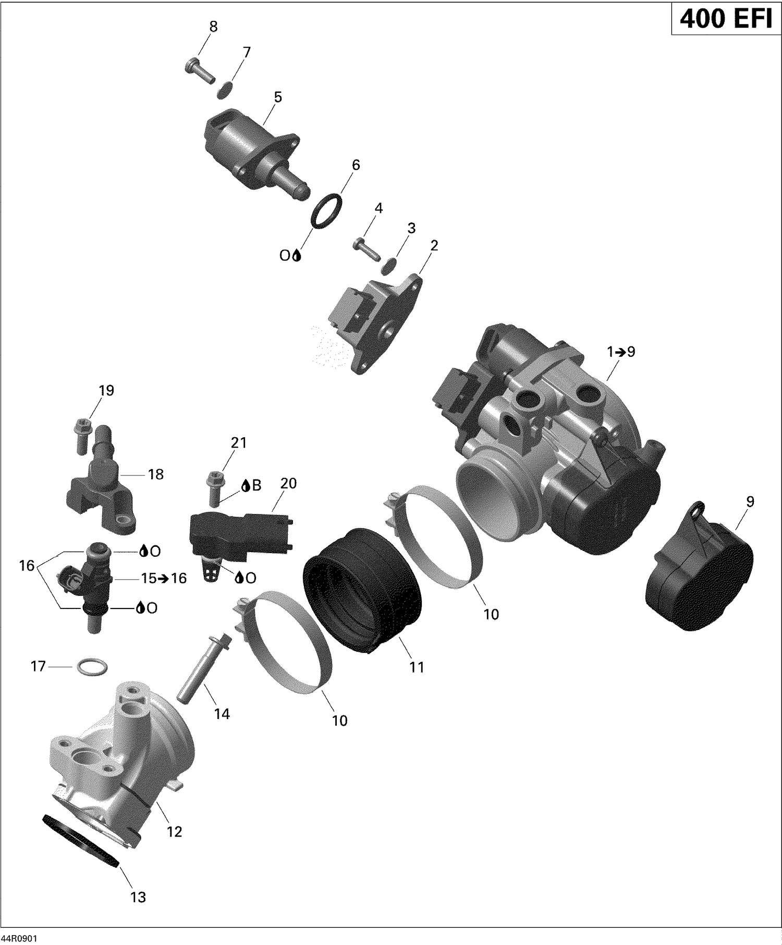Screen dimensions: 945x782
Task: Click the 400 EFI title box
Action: point(726,19)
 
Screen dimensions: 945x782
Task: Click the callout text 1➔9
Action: point(620,352)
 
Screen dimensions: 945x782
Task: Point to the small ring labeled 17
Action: point(92,666)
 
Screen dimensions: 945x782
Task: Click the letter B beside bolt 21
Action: point(256,486)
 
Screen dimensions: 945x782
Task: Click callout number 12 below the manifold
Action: point(174,831)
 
